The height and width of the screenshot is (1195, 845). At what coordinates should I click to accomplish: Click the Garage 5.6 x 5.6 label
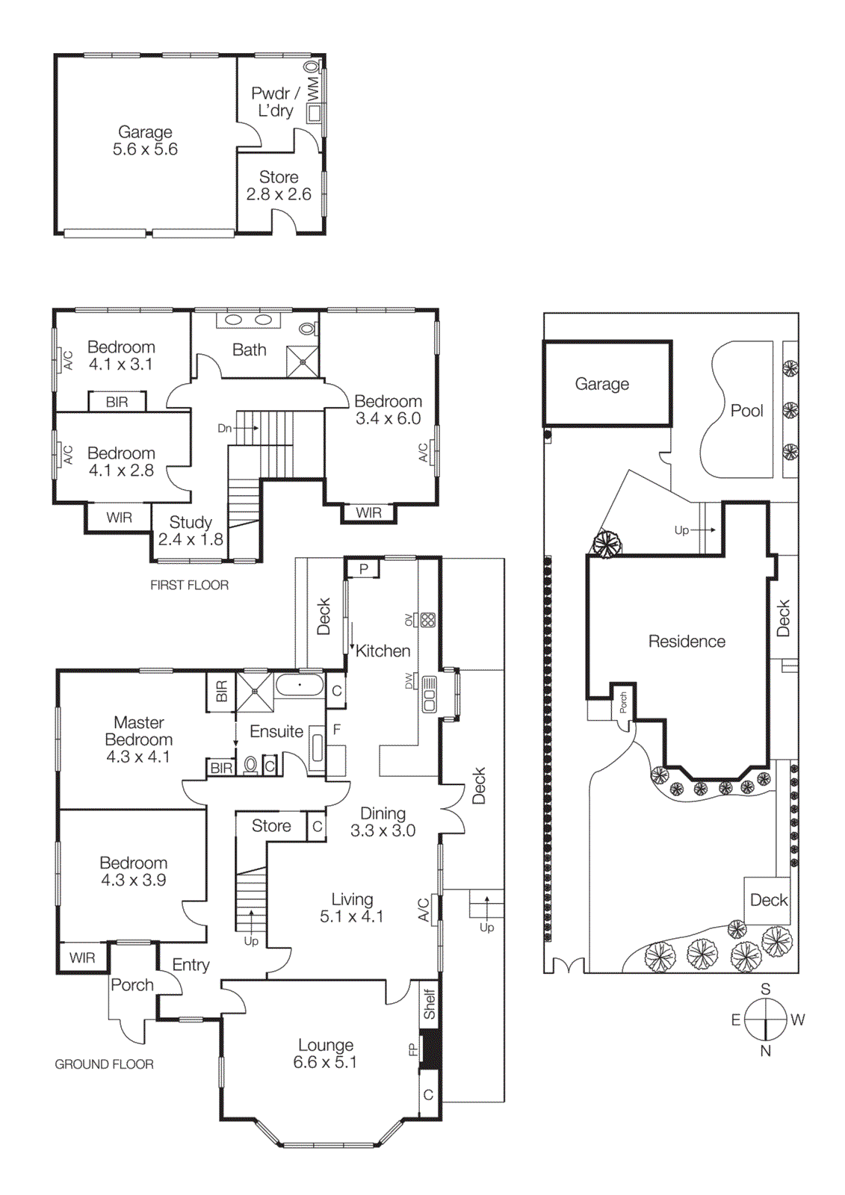[x=145, y=140]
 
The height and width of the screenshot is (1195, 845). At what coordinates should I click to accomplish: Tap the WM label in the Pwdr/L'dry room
[x=313, y=89]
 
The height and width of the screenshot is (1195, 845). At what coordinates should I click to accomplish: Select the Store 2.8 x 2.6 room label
[x=279, y=186]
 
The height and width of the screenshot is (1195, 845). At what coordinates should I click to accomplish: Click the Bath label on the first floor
[x=250, y=350]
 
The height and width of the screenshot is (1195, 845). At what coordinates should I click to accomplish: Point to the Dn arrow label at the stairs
[x=225, y=428]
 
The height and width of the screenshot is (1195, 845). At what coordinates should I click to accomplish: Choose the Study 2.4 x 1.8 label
[x=191, y=530]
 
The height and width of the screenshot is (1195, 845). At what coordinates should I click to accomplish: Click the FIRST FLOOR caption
[x=189, y=585]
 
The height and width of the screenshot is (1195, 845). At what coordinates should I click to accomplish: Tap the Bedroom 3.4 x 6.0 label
[x=388, y=410]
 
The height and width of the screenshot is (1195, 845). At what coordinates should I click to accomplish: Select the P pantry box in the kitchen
[x=364, y=568]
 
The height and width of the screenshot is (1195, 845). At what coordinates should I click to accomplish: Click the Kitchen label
[x=383, y=651]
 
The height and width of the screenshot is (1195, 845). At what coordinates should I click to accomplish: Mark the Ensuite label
[x=276, y=731]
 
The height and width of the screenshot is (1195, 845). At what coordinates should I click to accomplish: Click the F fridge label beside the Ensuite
[x=337, y=729]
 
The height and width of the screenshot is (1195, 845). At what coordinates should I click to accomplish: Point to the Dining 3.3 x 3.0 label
[x=383, y=822]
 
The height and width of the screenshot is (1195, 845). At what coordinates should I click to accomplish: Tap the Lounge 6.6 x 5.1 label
[x=325, y=1053]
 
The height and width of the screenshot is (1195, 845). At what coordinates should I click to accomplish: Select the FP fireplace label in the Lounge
[x=412, y=1049]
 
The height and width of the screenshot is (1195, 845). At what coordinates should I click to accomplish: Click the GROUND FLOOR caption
[x=104, y=1064]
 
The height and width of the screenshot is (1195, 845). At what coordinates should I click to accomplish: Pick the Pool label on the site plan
[x=746, y=411]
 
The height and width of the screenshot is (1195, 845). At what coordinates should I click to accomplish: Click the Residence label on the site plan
[x=687, y=642]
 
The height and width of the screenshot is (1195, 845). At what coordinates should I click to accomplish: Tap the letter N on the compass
[x=765, y=1051]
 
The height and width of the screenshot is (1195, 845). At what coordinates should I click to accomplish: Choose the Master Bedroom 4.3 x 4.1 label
[x=138, y=739]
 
